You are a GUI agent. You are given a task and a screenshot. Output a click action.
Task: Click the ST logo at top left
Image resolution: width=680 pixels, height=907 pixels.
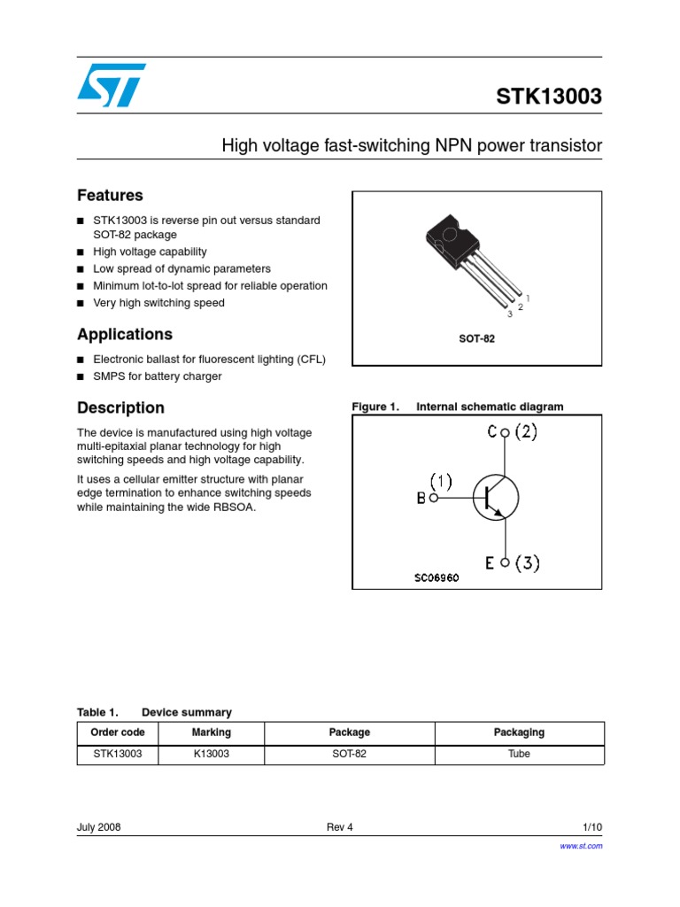coord(111,85)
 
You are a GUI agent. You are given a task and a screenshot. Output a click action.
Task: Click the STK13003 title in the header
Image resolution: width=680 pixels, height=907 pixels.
coord(548,97)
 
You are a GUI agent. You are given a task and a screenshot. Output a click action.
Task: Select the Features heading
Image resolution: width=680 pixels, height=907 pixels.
coord(110,195)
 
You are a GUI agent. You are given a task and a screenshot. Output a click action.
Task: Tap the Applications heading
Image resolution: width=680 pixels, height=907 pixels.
coord(125,334)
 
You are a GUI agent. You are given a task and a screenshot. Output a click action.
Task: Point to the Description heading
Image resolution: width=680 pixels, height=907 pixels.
coord(120,407)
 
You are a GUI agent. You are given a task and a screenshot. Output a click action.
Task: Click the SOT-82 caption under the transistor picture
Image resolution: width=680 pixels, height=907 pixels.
coord(476,338)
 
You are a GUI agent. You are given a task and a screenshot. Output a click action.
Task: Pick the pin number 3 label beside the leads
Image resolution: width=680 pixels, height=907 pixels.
coord(510,314)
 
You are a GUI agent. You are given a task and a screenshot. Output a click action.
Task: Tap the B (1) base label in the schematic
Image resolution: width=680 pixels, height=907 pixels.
coord(434,490)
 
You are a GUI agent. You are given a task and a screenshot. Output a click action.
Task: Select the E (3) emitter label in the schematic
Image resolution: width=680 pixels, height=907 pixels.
coord(513,562)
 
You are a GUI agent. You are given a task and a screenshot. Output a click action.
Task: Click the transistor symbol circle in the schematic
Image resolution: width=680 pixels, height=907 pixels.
coord(494,497)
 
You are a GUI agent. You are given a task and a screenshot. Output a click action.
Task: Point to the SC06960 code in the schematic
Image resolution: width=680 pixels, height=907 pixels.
coord(437,578)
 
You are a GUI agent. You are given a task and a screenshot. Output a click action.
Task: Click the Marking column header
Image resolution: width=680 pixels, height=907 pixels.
coord(211,733)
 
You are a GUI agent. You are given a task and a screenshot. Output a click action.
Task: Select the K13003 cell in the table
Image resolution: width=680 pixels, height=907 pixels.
coord(211,755)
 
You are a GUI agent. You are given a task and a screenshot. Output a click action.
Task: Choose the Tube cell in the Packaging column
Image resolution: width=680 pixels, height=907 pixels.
coord(519,755)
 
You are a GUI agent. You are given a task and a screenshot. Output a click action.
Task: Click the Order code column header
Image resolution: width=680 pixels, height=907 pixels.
coord(118,733)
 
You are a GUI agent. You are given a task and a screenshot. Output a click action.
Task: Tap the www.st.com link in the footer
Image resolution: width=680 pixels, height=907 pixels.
coord(582,846)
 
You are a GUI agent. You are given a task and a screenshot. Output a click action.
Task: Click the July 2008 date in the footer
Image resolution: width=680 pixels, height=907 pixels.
coord(99,827)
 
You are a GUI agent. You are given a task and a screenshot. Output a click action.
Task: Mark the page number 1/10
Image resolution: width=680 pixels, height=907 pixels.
coord(591,827)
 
